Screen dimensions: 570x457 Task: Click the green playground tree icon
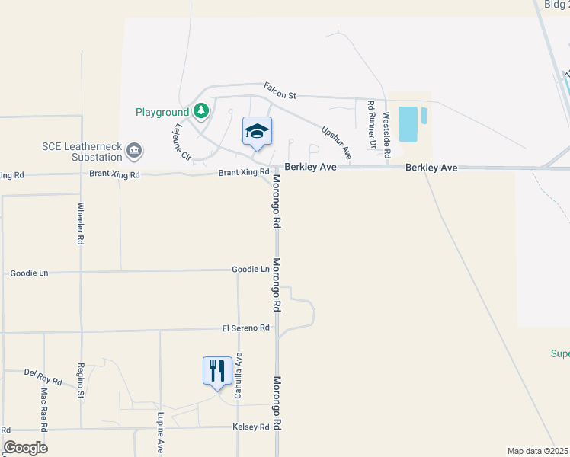[x=201, y=112]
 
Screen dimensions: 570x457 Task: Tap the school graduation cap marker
[x=258, y=131]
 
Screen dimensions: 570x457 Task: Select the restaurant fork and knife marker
[x=217, y=371]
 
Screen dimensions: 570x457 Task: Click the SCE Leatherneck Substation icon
[x=134, y=150]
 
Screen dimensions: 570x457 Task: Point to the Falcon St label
[x=280, y=91]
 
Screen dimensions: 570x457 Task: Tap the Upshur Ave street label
[x=336, y=142]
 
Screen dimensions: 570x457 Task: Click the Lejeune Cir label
[x=182, y=142]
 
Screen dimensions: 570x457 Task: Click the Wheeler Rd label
[x=81, y=223]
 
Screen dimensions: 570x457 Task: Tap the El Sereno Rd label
[x=246, y=328]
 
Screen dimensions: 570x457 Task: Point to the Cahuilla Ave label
[x=238, y=376]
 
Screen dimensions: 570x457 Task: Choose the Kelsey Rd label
[x=251, y=427]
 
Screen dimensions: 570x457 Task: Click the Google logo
[x=25, y=448]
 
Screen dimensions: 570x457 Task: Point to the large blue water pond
[x=408, y=124]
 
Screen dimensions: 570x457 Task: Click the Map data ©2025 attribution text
[x=537, y=451]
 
